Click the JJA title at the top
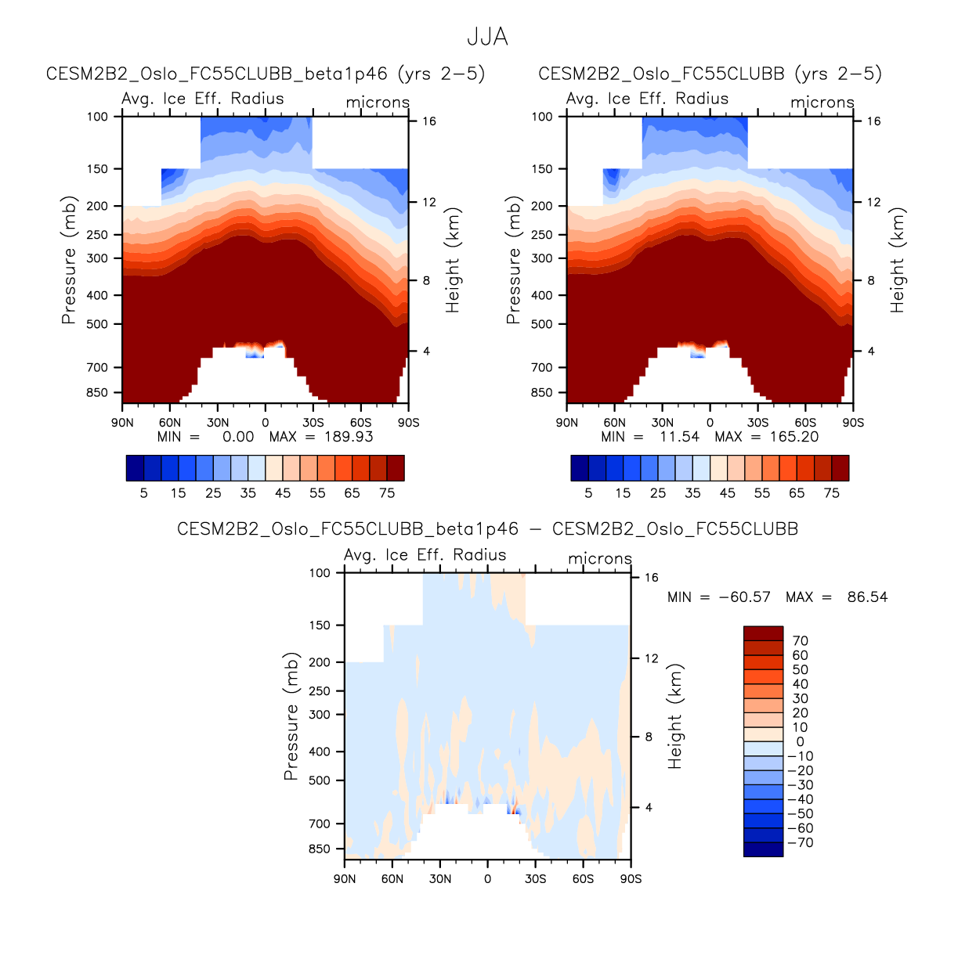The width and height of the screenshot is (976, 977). (x=487, y=37)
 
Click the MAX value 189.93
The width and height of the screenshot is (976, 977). (x=349, y=437)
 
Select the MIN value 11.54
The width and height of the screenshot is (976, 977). (x=679, y=437)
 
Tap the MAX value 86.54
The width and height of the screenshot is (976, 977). (x=867, y=597)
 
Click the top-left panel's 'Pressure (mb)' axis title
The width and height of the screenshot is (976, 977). (x=69, y=260)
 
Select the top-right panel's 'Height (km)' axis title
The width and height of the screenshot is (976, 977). (x=897, y=260)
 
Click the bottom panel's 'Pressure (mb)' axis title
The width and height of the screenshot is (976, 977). (x=291, y=716)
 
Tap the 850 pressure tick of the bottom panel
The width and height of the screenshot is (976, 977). (x=320, y=849)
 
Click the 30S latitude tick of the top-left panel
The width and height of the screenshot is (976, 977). (x=313, y=423)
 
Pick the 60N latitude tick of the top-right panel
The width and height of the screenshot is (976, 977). (x=615, y=423)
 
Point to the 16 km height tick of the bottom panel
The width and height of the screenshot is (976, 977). (x=651, y=578)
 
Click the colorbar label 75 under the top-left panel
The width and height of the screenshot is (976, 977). (x=387, y=493)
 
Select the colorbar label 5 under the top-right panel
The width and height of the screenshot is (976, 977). (x=588, y=493)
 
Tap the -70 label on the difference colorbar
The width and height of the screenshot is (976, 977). (x=800, y=843)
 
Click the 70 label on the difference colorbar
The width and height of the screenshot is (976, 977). (x=800, y=641)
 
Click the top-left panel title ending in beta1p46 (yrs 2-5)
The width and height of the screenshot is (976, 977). (x=266, y=74)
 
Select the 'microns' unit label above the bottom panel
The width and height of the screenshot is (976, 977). (x=600, y=559)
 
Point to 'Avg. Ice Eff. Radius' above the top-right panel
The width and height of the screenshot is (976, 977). (x=647, y=99)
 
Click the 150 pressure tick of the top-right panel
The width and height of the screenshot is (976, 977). (x=542, y=169)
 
